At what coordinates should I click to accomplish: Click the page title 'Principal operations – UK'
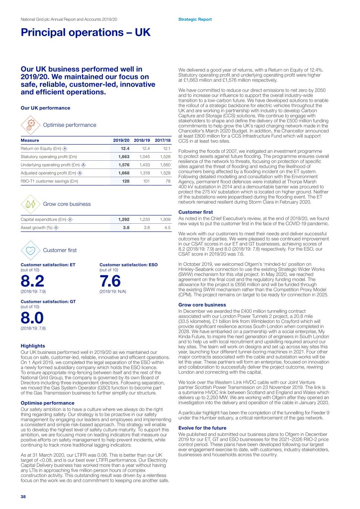coord(85,32)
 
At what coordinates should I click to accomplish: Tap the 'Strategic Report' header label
coord(195,19)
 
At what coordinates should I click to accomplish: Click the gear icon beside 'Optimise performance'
coord(31,125)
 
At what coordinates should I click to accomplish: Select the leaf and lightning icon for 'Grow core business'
coord(31,204)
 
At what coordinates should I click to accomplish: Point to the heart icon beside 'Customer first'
coord(31,250)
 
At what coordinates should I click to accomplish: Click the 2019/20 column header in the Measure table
coord(121,141)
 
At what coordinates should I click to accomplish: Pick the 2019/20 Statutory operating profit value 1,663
coord(124,157)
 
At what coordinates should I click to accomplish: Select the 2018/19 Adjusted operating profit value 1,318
coord(145,173)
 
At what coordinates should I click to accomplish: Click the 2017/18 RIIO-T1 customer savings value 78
coord(168,181)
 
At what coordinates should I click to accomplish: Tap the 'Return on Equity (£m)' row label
coord(41,149)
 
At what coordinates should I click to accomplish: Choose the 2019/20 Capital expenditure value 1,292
coord(124,220)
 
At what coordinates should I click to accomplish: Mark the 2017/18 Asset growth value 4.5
coord(168,228)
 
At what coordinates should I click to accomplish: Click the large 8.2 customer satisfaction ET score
coord(32,281)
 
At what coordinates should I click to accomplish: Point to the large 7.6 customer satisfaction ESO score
coord(110,281)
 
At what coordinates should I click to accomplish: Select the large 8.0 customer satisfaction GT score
coord(32,318)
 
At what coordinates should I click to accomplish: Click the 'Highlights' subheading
coord(33,346)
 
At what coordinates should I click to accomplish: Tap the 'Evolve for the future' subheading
coord(202,428)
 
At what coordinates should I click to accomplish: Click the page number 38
coord(23,497)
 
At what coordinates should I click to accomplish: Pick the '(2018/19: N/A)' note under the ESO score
coord(113,292)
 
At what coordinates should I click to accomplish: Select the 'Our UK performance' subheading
coord(46,108)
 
